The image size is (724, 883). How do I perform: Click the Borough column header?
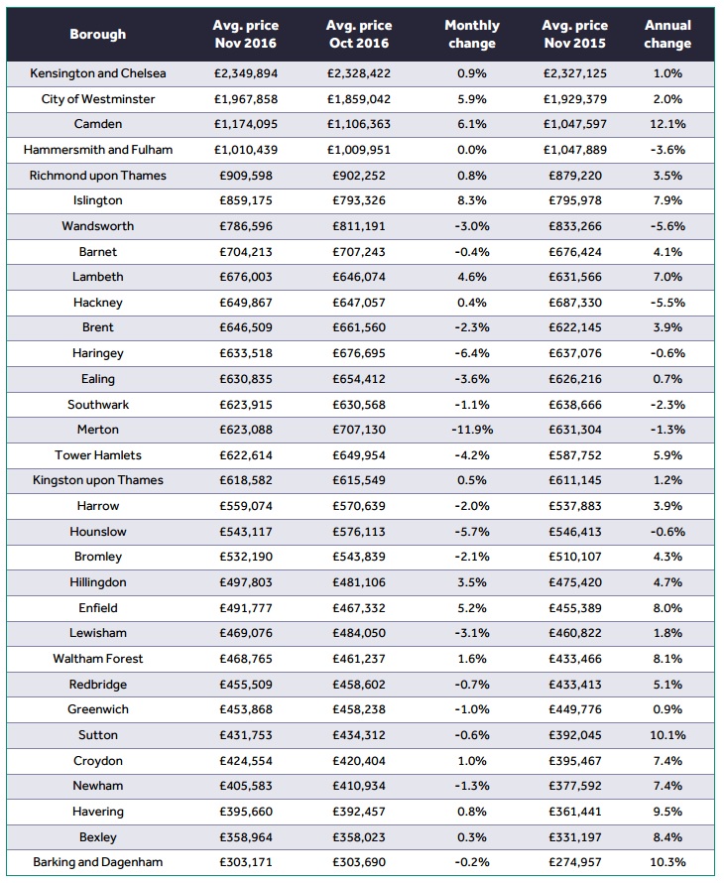pos(98,34)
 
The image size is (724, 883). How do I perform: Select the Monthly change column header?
pos(472,34)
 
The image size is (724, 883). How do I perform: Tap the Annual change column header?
pos(667,34)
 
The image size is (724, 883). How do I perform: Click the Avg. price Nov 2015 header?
pos(576,34)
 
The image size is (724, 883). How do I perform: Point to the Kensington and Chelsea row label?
pos(98,74)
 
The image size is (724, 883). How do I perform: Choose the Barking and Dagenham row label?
pos(98,862)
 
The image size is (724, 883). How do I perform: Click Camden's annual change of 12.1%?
pos(668,125)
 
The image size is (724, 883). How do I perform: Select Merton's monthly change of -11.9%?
pos(471,430)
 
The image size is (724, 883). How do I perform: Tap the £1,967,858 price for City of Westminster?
pos(245,99)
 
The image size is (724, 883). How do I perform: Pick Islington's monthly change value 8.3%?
pos(471,201)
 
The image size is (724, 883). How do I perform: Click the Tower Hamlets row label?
pos(98,455)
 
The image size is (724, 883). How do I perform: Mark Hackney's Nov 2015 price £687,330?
pos(576,303)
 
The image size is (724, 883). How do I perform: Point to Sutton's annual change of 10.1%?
pos(668,735)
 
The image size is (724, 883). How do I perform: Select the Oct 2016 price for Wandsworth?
pos(358,226)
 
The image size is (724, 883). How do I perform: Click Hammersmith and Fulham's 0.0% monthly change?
pos(471,150)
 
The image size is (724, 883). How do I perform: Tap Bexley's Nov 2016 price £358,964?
pos(245,836)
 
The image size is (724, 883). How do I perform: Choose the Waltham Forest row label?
pos(98,659)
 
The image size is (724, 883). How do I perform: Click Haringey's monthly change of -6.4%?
pos(471,353)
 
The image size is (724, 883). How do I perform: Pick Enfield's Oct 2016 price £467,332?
pos(358,607)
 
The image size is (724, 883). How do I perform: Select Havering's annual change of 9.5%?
pos(668,811)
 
